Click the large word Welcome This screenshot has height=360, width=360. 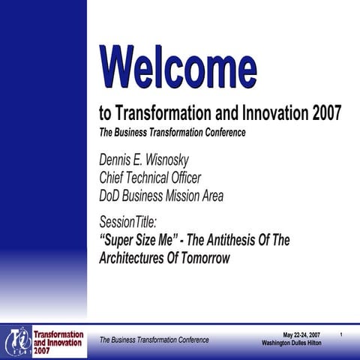tap(177, 67)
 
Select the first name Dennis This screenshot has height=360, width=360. tap(117, 160)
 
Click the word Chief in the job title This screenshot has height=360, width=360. tap(114, 178)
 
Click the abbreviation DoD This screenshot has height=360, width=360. tap(112, 196)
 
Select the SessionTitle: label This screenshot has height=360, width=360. tap(130, 222)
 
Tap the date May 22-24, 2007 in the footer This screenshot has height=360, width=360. tap(301, 334)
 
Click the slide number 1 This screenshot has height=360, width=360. tap(341, 334)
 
